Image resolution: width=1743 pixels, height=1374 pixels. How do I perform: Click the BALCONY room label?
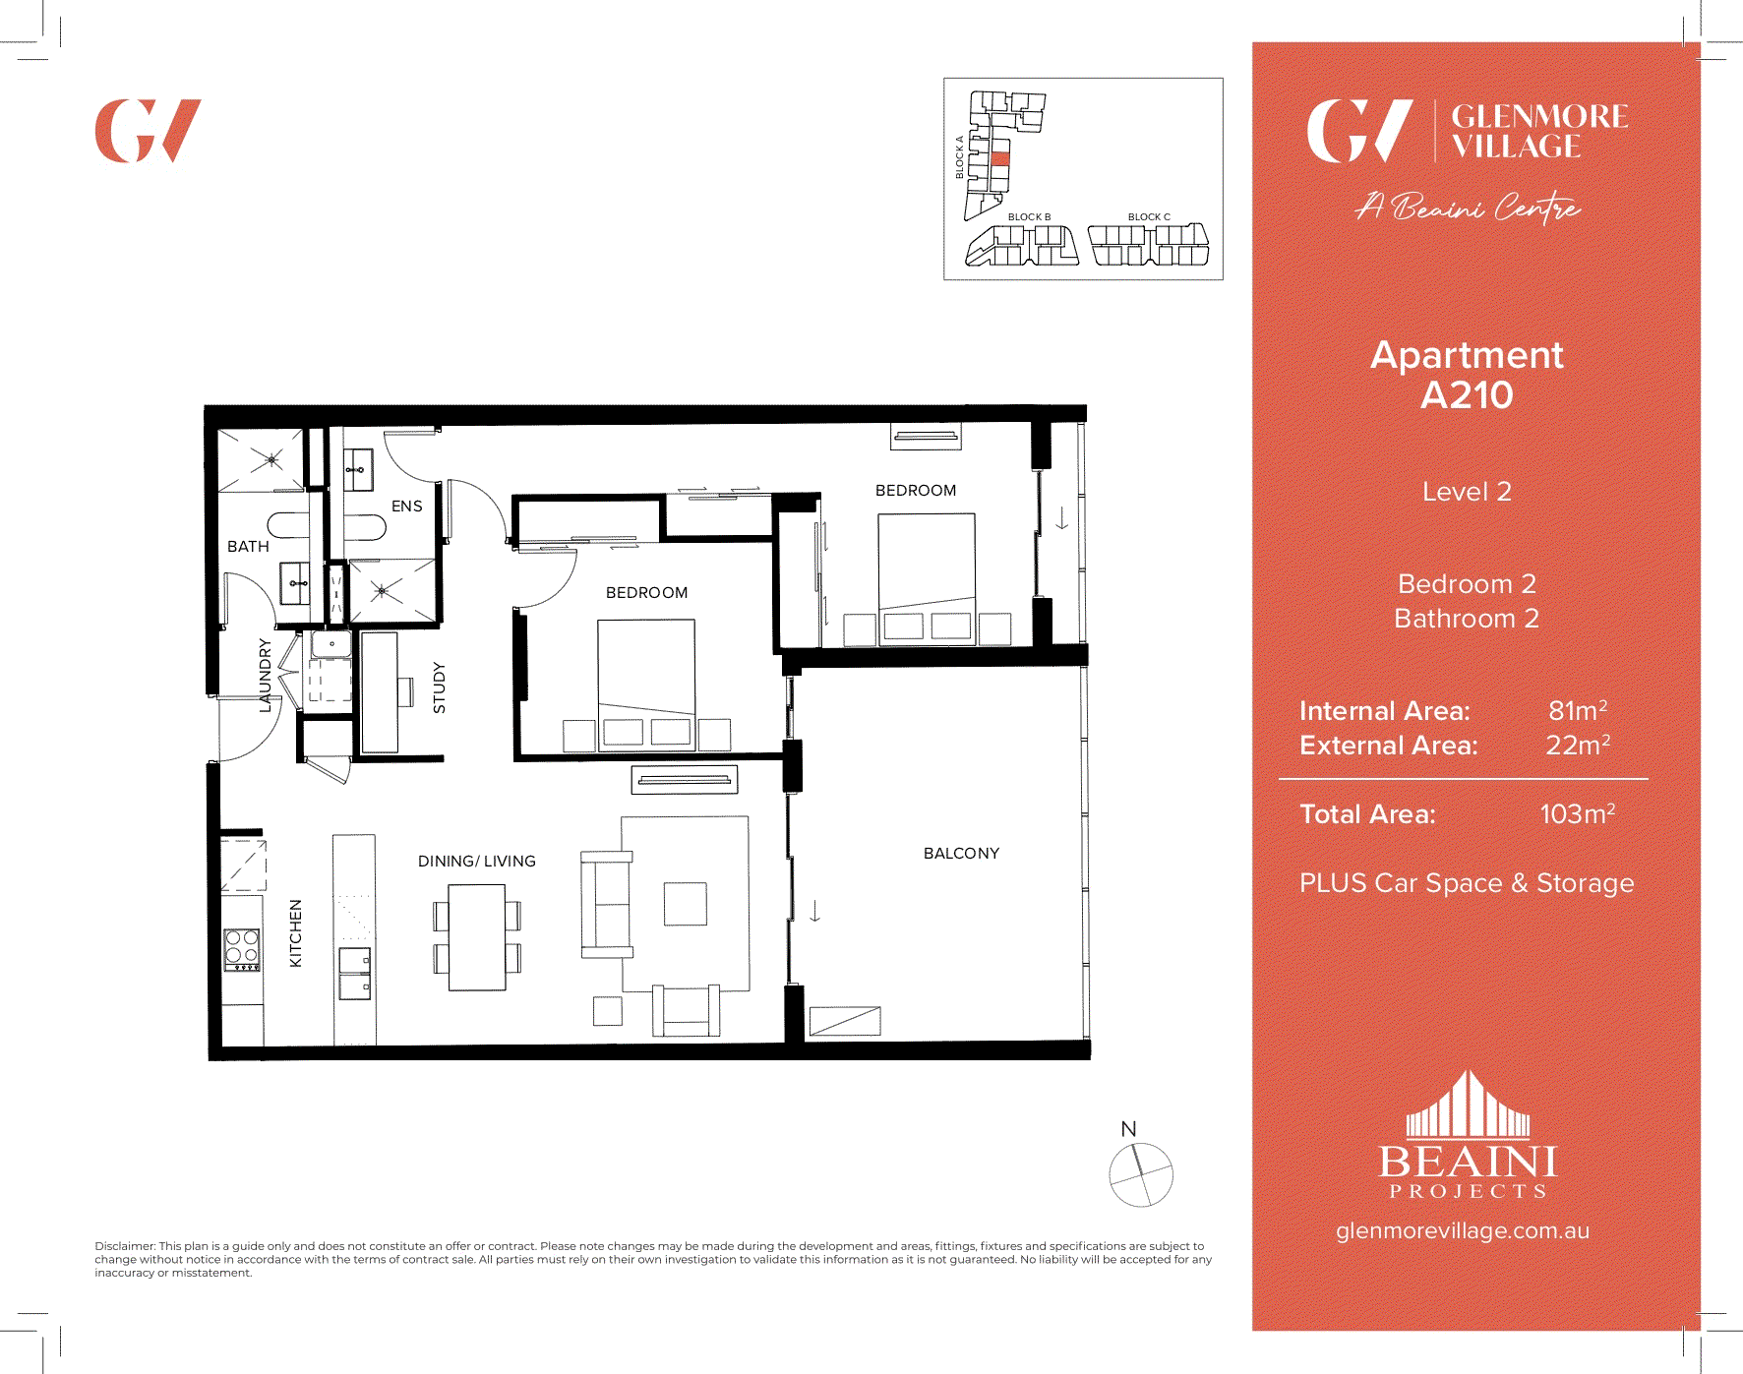pos(961,853)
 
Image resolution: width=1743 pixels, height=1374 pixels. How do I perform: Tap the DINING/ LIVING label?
pos(477,861)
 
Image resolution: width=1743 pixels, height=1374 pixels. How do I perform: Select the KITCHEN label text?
pos(295,933)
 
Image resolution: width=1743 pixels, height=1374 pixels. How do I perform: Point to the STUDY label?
pos(439,687)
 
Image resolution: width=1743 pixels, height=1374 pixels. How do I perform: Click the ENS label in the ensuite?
pos(406,506)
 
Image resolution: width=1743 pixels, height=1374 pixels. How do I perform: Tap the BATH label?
pos(248,546)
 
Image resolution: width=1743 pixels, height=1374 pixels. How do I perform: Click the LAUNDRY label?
pos(265,675)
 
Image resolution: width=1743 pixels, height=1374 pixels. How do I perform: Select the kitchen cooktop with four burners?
pos(242,949)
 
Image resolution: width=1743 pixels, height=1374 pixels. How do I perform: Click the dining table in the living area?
pos(477,937)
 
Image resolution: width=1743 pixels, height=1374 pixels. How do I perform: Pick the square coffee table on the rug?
pos(685,904)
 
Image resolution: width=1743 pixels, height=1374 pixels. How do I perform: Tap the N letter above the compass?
pos(1128,1129)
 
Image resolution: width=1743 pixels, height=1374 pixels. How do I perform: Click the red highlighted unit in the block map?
pos(1000,158)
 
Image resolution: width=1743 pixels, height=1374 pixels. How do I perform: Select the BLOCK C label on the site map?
pos(1149,216)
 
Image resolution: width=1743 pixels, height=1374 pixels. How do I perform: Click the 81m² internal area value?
pos(1577,710)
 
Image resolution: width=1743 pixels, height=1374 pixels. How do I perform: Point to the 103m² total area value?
pos(1577,814)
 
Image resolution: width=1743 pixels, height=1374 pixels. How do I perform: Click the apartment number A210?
pos(1467,395)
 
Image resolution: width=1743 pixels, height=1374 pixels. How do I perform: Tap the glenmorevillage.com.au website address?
pos(1462,1230)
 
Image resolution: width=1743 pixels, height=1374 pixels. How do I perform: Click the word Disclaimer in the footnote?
pos(124,1246)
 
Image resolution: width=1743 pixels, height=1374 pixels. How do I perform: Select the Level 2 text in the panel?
pos(1466,492)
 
